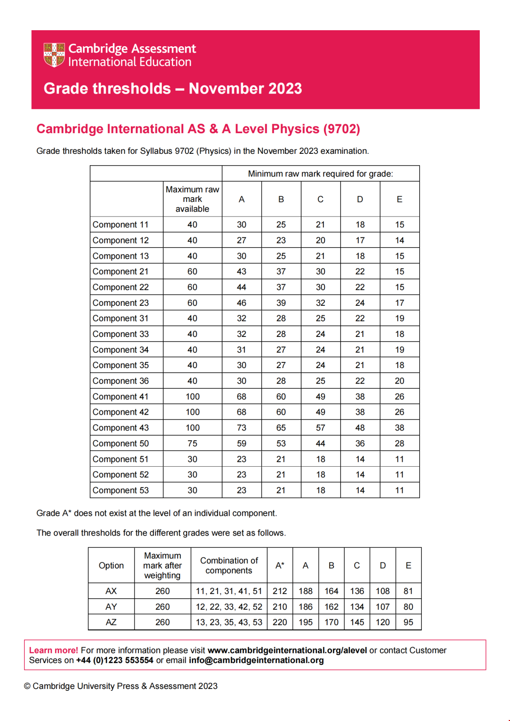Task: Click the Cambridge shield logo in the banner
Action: tap(54, 55)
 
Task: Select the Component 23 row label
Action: tap(120, 303)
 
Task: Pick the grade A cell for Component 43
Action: tap(241, 428)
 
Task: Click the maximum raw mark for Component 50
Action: tap(192, 444)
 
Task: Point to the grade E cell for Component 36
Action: tap(399, 381)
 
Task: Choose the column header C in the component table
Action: tap(320, 199)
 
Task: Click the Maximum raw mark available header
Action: tap(192, 199)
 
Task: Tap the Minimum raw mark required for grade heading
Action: tap(320, 174)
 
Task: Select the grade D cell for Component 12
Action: tap(360, 240)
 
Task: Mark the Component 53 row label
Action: tap(120, 490)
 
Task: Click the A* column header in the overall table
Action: tap(280, 565)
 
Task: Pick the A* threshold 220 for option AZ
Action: tap(280, 622)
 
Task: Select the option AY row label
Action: tap(111, 607)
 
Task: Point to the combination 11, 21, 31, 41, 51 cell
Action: tap(229, 591)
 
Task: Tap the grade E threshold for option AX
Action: tap(408, 591)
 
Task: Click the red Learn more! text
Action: tap(53, 650)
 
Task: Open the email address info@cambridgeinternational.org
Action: tap(256, 661)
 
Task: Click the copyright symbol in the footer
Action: tap(27, 686)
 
